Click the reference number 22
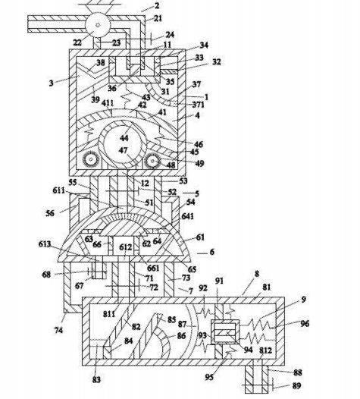point(77,42)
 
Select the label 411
point(108,103)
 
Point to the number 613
point(45,244)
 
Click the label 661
point(153,268)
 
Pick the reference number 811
point(109,314)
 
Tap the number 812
point(266,350)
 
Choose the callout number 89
point(296,386)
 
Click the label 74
point(58,330)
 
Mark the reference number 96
point(305,323)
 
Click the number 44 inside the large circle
point(124,138)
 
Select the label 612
point(126,247)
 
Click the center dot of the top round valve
point(98,25)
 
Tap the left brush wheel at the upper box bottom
point(90,160)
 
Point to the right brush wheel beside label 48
point(152,161)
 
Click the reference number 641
point(188,216)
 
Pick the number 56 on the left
point(50,212)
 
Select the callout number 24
point(170,35)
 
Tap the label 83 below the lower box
point(96,380)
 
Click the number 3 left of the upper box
point(52,83)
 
